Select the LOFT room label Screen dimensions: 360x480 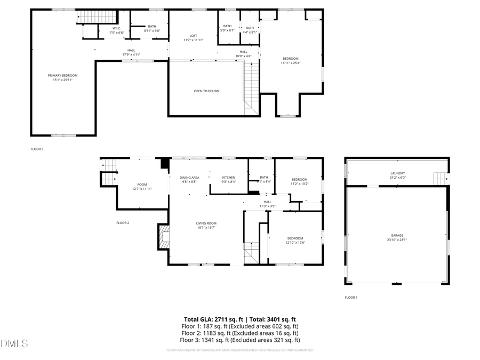click(x=193, y=36)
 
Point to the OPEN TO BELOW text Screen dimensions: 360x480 click(x=206, y=91)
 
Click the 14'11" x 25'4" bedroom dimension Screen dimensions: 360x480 click(x=291, y=63)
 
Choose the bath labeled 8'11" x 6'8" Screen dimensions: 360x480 click(x=152, y=31)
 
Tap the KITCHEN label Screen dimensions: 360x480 click(x=229, y=177)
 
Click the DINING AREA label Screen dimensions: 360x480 click(x=189, y=177)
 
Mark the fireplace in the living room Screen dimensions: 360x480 click(x=163, y=237)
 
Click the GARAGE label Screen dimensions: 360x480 click(x=396, y=235)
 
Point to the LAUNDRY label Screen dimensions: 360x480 click(x=398, y=173)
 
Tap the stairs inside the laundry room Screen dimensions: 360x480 click(x=439, y=178)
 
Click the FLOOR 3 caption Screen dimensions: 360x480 click(x=37, y=149)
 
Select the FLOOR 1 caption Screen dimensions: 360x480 click(x=351, y=297)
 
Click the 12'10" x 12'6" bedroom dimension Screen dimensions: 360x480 click(x=295, y=243)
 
